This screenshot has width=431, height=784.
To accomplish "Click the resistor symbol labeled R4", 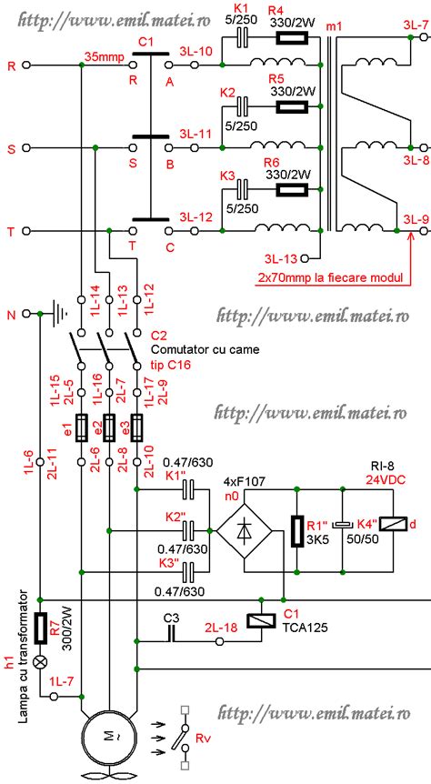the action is (293, 38).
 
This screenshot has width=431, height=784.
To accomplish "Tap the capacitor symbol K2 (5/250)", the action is (243, 107).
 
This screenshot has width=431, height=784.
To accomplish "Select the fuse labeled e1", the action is (82, 428).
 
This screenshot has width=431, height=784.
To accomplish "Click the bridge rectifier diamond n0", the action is (244, 531).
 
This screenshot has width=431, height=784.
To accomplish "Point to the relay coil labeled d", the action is (395, 524).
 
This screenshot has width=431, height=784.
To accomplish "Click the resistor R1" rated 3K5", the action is (297, 531).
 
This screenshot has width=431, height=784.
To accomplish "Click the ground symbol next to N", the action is (60, 314).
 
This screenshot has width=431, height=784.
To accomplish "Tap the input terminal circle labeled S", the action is (27, 148).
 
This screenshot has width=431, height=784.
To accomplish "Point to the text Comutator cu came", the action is (205, 349).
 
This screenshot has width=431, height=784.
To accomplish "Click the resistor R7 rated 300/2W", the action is (40, 629).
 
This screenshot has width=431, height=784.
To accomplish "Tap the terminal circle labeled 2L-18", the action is (219, 641).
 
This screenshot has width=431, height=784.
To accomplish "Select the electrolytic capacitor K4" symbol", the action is (343, 525).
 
